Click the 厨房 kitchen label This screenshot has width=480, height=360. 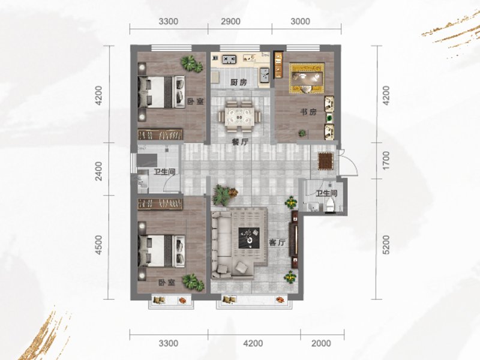pos(239,82)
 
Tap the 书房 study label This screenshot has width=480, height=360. pos(308,112)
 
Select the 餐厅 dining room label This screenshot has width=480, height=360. pos(240,142)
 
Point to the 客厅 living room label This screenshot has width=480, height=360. pos(277,243)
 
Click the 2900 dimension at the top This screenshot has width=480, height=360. pos(230,22)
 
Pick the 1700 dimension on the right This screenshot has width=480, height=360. pos(386,160)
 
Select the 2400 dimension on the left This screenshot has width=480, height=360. pos(98,171)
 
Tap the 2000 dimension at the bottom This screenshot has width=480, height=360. pos(321,343)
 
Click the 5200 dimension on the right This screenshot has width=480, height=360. pos(386,244)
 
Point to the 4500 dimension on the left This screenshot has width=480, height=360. pos(98,245)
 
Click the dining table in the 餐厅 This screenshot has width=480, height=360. pos(239,116)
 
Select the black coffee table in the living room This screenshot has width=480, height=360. pos(249,238)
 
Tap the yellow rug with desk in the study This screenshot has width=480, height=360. pos(307,78)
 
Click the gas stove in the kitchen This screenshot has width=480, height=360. pos(229,59)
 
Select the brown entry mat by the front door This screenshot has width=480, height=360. pos(326,161)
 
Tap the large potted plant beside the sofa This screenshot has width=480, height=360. pos(225,194)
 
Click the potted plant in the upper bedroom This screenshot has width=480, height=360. pos(191,64)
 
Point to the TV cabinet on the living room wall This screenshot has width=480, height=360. pos(295,239)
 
